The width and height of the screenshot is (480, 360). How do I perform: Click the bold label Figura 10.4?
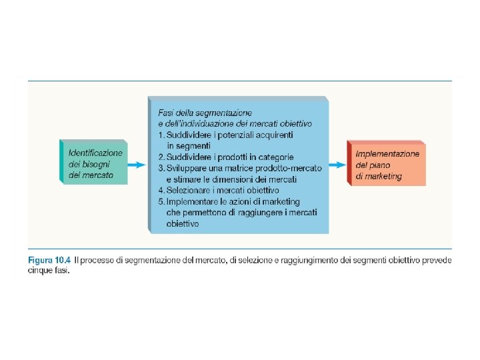[50, 260]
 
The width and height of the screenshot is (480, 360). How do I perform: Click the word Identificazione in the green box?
[95, 153]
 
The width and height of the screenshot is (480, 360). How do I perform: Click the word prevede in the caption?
[436, 260]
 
